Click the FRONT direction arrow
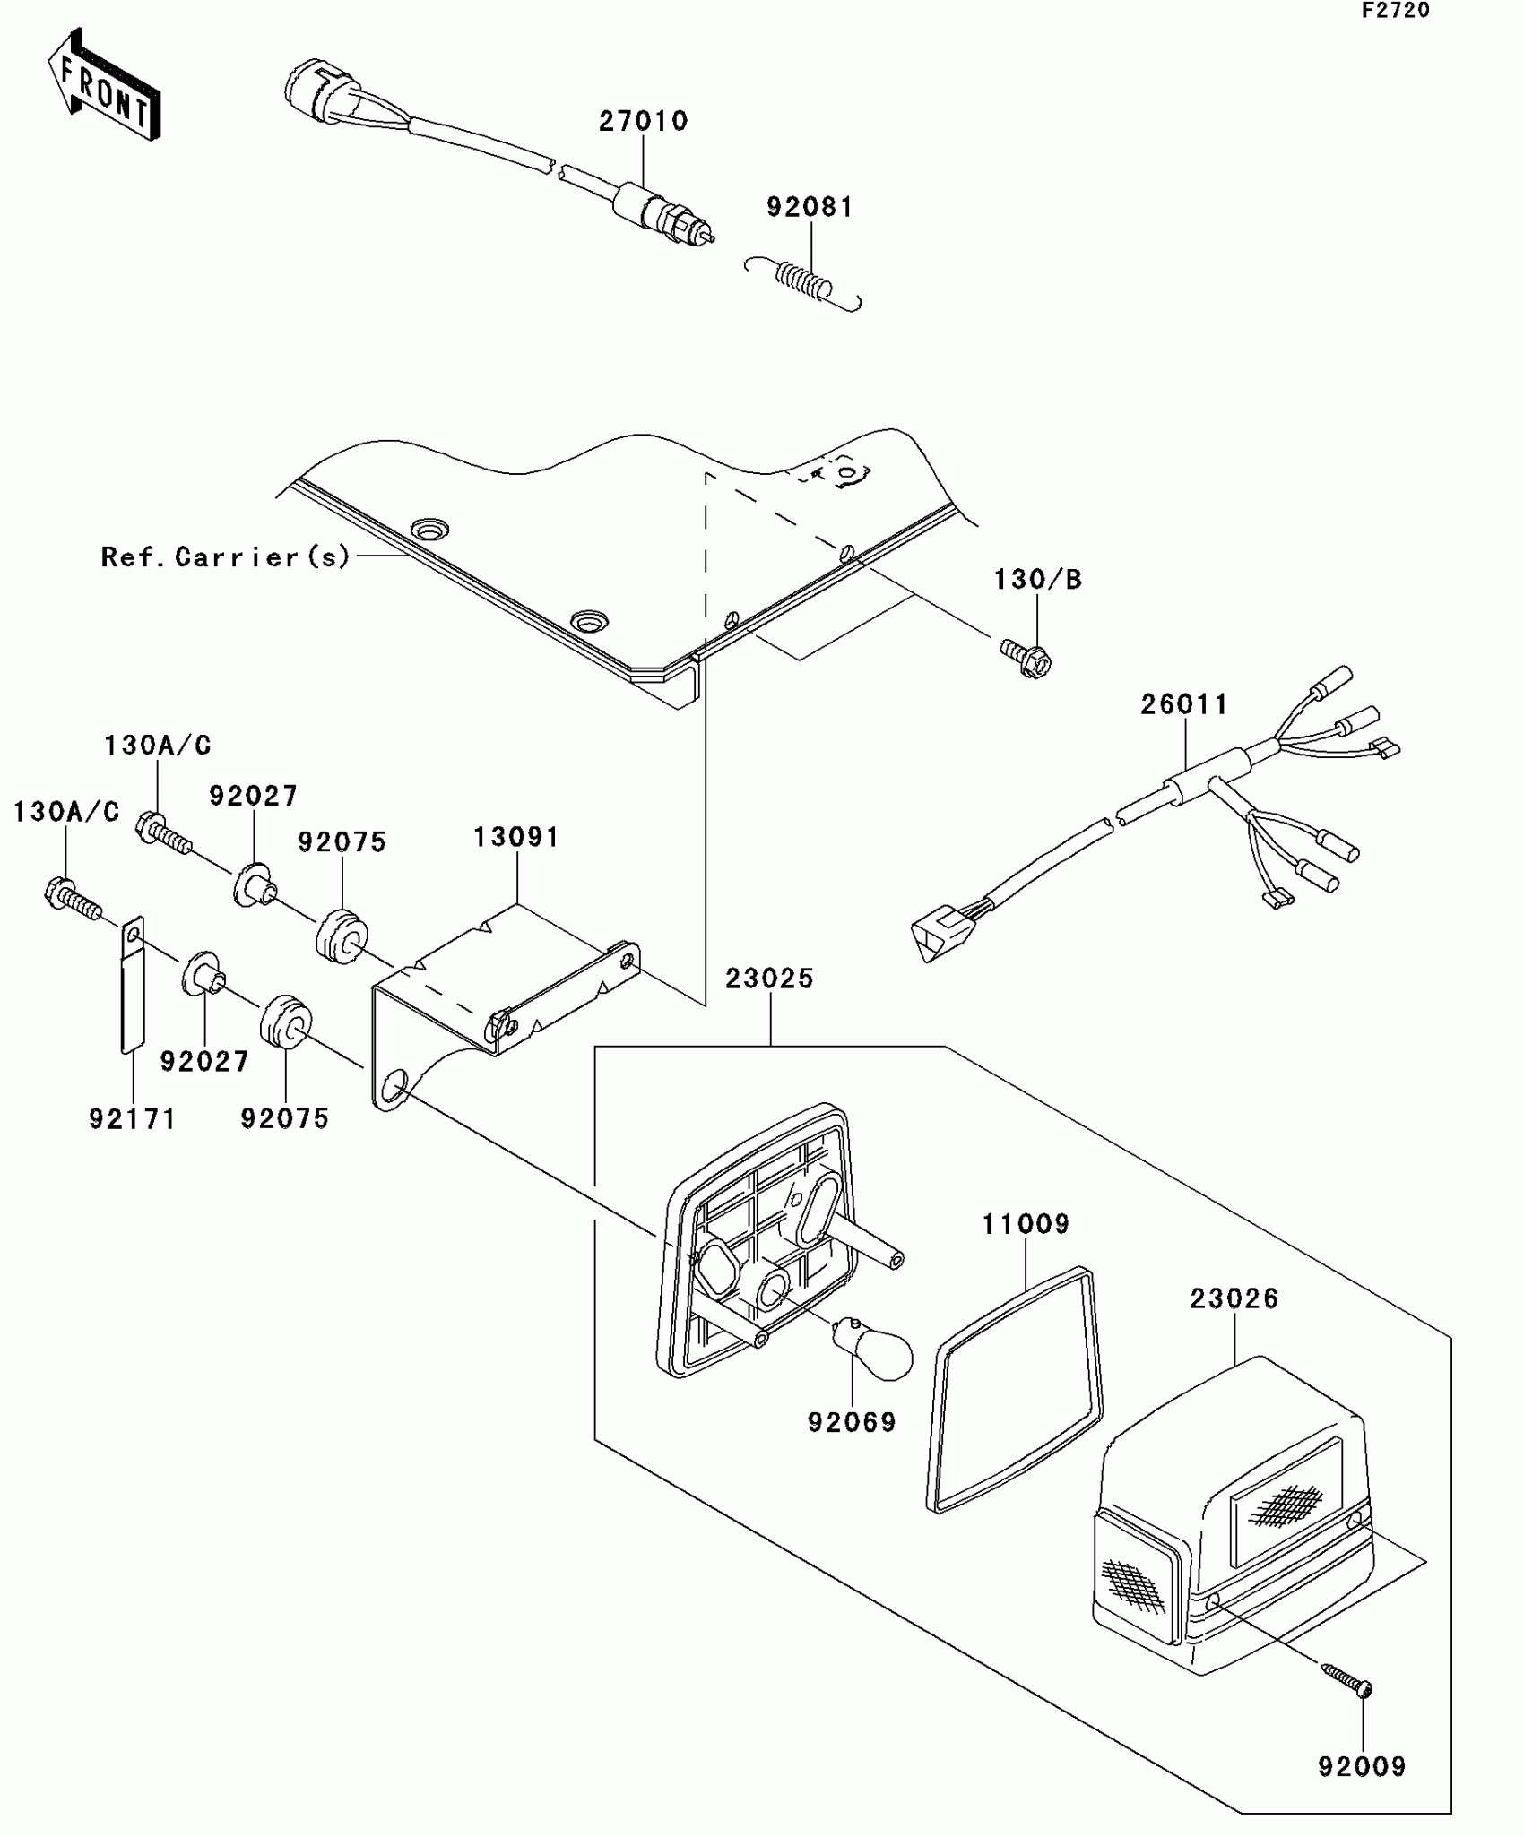point(104,84)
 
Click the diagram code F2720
point(1396,11)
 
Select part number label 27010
point(643,121)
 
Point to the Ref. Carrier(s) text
point(225,557)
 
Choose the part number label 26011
point(1184,704)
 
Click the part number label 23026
point(1234,1298)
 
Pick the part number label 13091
point(516,838)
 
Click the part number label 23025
point(769,979)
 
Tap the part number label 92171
point(133,1118)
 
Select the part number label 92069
point(851,1422)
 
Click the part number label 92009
point(1361,1766)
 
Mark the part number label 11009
point(1026,1224)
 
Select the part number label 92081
point(810,207)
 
